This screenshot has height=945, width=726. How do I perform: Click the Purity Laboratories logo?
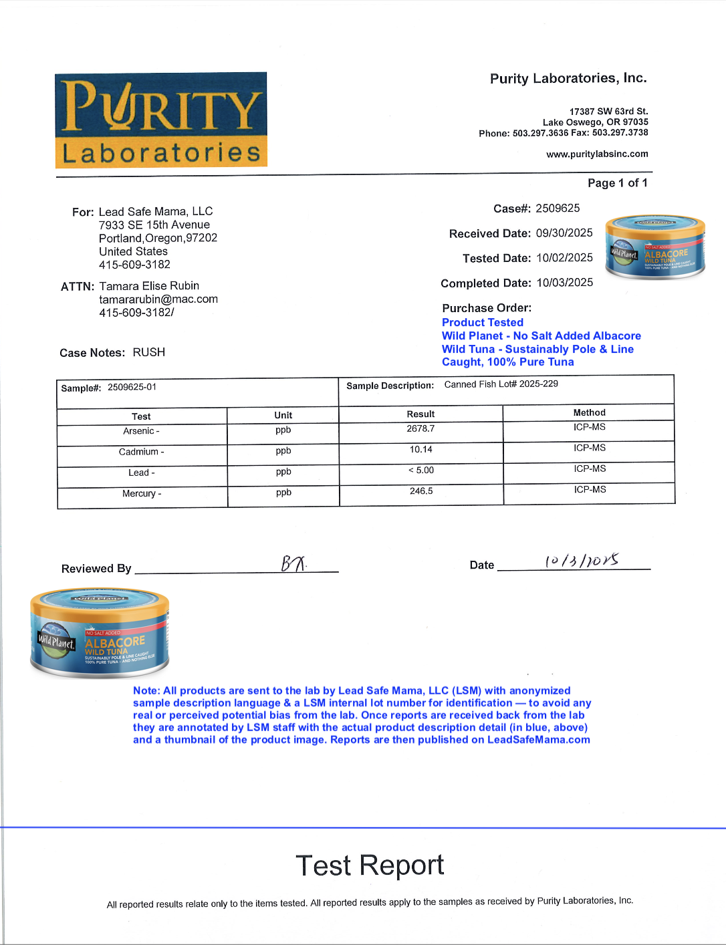pyautogui.click(x=161, y=120)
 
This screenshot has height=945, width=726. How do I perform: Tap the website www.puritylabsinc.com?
pyautogui.click(x=597, y=154)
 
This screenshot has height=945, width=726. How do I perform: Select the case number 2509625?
pyautogui.click(x=558, y=209)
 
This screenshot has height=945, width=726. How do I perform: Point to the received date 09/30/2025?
pyautogui.click(x=564, y=233)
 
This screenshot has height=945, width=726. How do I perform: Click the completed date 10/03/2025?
pyautogui.click(x=565, y=283)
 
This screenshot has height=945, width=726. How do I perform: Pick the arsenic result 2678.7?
pyautogui.click(x=420, y=429)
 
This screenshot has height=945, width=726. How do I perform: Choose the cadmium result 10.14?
pyautogui.click(x=420, y=450)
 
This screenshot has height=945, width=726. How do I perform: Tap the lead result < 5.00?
pyautogui.click(x=420, y=470)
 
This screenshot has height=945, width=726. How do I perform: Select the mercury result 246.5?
pyautogui.click(x=421, y=491)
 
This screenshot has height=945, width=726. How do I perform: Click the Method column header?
pyautogui.click(x=589, y=413)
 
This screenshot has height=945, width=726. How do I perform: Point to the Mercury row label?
pyautogui.click(x=142, y=494)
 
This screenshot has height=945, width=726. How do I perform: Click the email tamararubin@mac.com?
pyautogui.click(x=158, y=299)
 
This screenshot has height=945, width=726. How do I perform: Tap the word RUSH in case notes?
pyautogui.click(x=148, y=352)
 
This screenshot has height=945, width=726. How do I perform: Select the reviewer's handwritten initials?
pyautogui.click(x=293, y=564)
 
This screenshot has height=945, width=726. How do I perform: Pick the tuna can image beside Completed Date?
pyautogui.click(x=654, y=248)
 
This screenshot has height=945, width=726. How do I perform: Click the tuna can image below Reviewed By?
pyautogui.click(x=100, y=633)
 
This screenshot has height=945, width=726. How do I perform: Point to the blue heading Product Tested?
pyautogui.click(x=482, y=322)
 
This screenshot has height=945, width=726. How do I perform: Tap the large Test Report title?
pyautogui.click(x=370, y=865)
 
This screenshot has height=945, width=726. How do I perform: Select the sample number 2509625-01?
pyautogui.click(x=132, y=387)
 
